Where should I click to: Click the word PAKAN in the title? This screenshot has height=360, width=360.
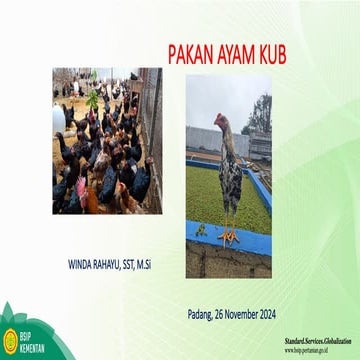point(187,50)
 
